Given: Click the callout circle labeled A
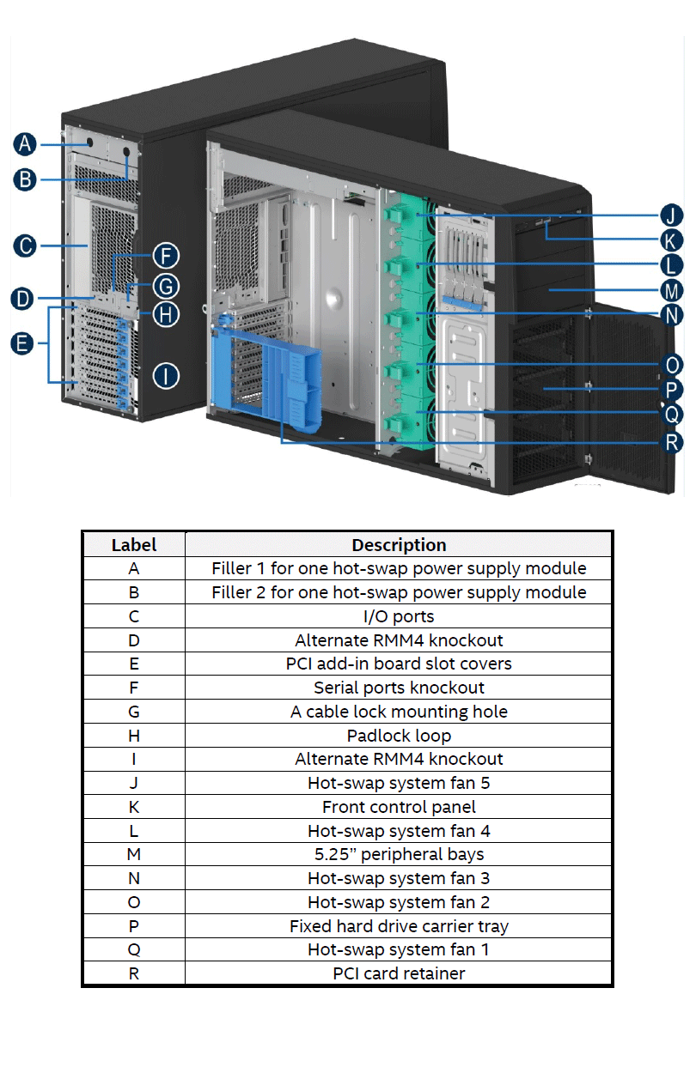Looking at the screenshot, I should click(26, 143).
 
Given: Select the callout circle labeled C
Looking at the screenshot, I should click(26, 246).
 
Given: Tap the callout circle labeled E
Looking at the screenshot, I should click(23, 344).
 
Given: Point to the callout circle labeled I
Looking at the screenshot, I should click(166, 375).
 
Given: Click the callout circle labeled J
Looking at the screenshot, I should click(671, 215).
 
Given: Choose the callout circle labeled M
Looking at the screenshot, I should click(672, 290).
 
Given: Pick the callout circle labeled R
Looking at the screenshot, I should click(671, 442).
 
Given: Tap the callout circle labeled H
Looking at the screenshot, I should click(166, 313).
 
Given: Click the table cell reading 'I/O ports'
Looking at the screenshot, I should click(399, 616).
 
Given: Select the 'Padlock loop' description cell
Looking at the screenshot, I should click(399, 736).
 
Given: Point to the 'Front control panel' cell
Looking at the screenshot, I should click(399, 807).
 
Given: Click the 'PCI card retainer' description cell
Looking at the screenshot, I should click(399, 973).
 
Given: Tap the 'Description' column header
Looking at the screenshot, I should click(399, 545).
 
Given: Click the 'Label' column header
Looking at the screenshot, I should click(134, 545).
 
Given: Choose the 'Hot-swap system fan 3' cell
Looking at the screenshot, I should click(399, 878).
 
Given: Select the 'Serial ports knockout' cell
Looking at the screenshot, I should click(399, 688).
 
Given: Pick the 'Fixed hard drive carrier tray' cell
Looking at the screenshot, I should click(399, 926).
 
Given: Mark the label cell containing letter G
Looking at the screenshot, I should click(134, 712).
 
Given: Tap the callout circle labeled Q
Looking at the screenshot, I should click(672, 415).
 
